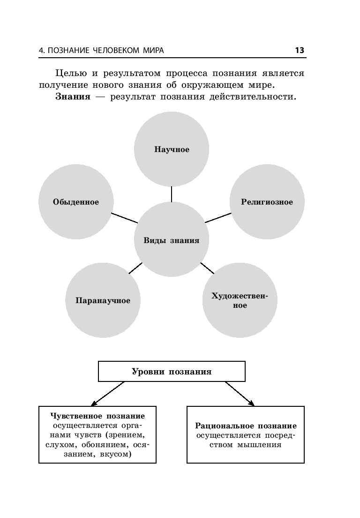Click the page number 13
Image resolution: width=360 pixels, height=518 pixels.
tap(300, 50)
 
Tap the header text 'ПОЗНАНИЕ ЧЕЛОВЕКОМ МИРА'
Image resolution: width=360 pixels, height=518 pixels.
tap(106, 51)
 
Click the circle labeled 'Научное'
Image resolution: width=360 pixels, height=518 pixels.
tap(172, 149)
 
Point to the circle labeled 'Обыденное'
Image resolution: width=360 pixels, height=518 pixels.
tap(75, 202)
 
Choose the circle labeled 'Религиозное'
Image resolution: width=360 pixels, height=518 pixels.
tap(267, 202)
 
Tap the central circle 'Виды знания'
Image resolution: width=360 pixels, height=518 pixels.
tap(171, 240)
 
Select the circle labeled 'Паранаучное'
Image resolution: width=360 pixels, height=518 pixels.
tap(103, 300)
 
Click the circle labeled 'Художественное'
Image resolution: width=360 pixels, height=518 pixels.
tap(240, 300)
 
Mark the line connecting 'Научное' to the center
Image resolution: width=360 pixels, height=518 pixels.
tap(172, 194)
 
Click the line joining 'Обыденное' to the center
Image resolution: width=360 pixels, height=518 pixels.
tap(124, 218)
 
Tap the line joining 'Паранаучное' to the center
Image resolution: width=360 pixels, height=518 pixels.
tap(135, 268)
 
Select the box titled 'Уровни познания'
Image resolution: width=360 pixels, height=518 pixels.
tap(172, 372)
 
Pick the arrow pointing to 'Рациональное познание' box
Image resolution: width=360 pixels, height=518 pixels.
tap(239, 393)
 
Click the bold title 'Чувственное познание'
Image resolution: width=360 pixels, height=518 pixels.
tap(97, 416)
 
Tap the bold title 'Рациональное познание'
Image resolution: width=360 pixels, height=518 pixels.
tap(246, 426)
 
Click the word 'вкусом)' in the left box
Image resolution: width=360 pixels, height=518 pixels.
tap(116, 455)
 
